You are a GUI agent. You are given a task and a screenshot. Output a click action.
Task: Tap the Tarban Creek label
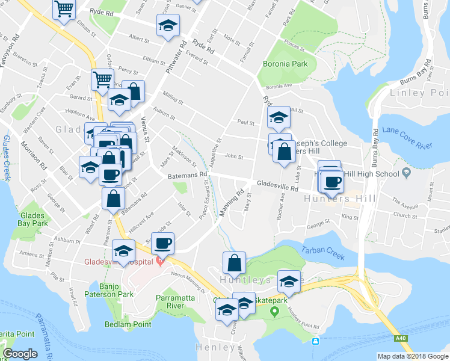[x=323, y=253]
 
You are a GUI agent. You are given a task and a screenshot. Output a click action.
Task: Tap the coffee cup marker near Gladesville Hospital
[x=162, y=243]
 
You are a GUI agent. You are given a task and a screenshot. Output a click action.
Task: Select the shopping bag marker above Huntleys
[x=234, y=262]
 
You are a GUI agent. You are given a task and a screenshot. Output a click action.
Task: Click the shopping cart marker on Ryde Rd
[x=64, y=10]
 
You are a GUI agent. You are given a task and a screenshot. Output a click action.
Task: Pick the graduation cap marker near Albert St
[x=168, y=25]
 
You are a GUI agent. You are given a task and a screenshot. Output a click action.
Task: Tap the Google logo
[x=20, y=354]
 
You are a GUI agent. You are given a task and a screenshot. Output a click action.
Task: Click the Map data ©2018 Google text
[x=413, y=356]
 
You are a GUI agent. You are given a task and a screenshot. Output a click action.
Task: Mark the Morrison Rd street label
[x=34, y=153]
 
